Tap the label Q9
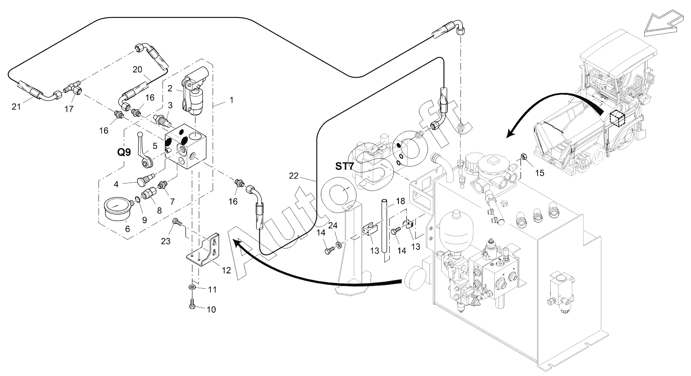pos(124,152)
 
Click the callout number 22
pos(293,176)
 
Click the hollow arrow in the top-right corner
pos(663,25)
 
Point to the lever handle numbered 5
pos(143,150)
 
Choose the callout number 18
pos(401,201)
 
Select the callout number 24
pos(333,226)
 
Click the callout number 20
pos(137,69)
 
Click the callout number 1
pos(231,100)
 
